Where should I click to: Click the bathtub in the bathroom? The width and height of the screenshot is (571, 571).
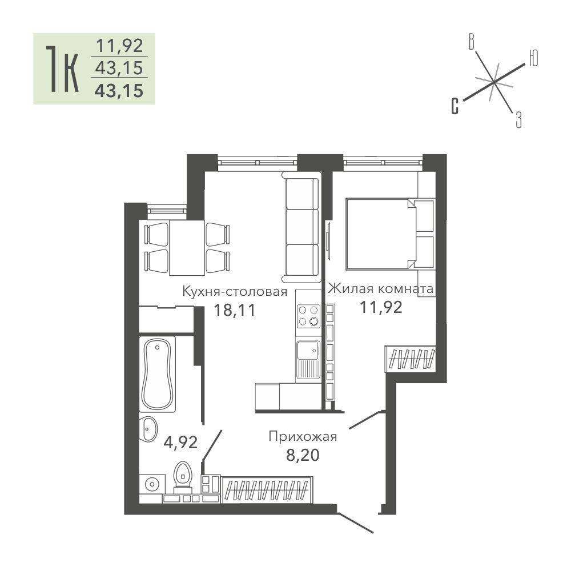point(158,374)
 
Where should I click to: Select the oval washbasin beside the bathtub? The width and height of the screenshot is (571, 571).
point(148,429)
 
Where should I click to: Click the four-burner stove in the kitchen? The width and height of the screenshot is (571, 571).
point(308,316)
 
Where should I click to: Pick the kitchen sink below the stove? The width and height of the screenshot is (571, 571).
point(308,359)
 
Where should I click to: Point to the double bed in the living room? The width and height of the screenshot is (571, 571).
point(380,234)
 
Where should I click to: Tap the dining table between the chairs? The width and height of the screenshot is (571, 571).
point(187,248)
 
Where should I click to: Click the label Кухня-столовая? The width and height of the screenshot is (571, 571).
point(235,291)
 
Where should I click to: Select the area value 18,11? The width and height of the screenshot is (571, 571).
point(235,310)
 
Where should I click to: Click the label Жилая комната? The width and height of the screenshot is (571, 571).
point(380,288)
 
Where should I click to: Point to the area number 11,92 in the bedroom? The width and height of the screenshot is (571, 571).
point(381,307)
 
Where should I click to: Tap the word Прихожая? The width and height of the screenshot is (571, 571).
point(303,436)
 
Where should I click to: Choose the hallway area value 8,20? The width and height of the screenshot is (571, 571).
point(303,455)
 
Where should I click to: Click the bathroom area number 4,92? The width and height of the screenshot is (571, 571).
point(180,443)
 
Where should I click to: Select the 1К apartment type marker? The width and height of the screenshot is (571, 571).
point(62,69)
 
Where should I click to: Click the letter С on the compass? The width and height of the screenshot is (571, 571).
point(455,106)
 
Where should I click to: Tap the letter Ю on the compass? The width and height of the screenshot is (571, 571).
point(533,58)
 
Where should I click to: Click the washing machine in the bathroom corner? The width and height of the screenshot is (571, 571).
point(151,484)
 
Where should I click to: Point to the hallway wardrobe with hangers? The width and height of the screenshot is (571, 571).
point(267,490)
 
